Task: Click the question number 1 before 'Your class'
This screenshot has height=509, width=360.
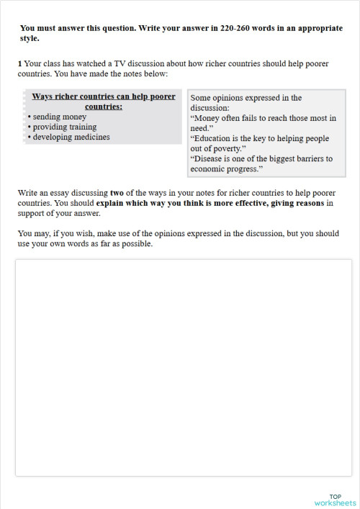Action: click(x=20, y=64)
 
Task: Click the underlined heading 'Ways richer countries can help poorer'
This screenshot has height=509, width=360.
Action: click(x=102, y=96)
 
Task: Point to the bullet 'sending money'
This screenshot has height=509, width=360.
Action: click(x=59, y=116)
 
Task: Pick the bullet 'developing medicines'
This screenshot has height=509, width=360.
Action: click(x=71, y=136)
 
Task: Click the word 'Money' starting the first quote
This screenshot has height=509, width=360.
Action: click(x=209, y=118)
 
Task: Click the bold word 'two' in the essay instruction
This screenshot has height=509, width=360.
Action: click(x=117, y=193)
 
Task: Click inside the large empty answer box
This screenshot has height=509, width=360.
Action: click(x=184, y=367)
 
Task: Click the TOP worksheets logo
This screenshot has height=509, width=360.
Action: click(x=335, y=499)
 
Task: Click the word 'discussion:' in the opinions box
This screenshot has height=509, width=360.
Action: click(x=210, y=107)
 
